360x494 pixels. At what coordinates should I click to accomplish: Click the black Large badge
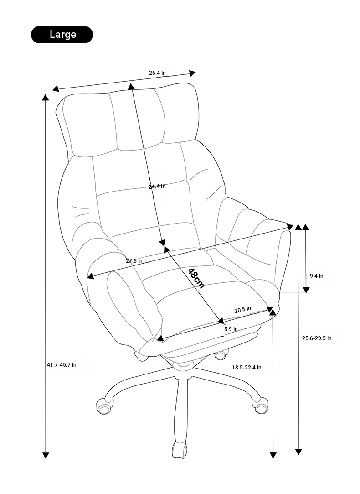tap(62, 34)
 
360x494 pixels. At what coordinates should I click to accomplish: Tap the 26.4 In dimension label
tap(157, 73)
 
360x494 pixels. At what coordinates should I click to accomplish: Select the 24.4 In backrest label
tap(157, 186)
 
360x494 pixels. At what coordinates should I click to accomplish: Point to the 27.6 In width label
tap(134, 260)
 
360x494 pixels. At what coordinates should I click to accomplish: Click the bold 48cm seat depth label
tap(196, 278)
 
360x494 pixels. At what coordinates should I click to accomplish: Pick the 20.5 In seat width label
tap(242, 309)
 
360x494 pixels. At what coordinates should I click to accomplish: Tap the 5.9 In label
tap(231, 329)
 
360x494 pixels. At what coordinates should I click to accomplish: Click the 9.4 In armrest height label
tap(317, 276)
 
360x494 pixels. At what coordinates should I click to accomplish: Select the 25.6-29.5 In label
tap(317, 338)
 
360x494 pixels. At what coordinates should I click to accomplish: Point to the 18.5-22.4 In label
tap(247, 367)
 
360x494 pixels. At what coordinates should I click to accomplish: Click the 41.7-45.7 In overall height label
tap(62, 364)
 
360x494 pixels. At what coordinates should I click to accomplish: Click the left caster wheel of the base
tap(104, 406)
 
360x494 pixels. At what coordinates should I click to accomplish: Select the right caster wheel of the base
tap(261, 406)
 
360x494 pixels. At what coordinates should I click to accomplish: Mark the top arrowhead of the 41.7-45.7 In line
tap(46, 97)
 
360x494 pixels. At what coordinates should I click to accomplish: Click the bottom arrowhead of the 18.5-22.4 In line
tap(273, 455)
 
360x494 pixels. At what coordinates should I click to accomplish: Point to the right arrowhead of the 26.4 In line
tap(192, 73)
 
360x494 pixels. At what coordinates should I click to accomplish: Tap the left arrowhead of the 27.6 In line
tap(90, 276)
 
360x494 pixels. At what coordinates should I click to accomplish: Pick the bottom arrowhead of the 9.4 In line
tap(306, 290)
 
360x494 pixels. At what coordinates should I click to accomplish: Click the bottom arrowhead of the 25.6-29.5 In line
tap(298, 452)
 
